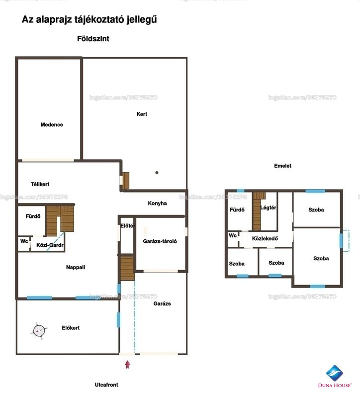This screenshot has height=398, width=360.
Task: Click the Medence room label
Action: [x=52, y=125]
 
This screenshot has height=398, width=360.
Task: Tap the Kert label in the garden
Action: [x=142, y=114]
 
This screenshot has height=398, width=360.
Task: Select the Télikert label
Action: [x=40, y=184]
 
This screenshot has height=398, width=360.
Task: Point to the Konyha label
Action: [x=157, y=203]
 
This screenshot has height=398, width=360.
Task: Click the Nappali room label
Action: [x=76, y=267]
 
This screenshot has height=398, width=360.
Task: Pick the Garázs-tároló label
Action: [x=160, y=241]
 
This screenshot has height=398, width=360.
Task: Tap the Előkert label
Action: [x=71, y=328]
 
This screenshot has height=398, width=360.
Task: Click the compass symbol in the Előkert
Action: [x=39, y=331]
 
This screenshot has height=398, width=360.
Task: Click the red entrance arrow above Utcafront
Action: [x=127, y=365]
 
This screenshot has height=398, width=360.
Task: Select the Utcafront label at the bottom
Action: [x=106, y=385]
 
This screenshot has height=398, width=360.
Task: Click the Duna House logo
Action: [x=335, y=376]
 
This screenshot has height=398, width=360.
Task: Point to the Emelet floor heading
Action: [x=282, y=166]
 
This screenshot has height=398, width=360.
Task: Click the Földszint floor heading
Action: [x=93, y=39]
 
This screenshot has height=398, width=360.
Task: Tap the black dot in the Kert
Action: [x=157, y=173]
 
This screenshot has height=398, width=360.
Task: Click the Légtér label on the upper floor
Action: [x=268, y=207]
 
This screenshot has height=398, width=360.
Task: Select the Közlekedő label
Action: [x=265, y=239]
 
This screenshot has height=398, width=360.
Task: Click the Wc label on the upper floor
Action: [x=233, y=235]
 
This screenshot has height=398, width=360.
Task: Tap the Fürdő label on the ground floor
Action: [x=33, y=216]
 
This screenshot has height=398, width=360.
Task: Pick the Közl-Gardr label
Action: [x=50, y=245]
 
